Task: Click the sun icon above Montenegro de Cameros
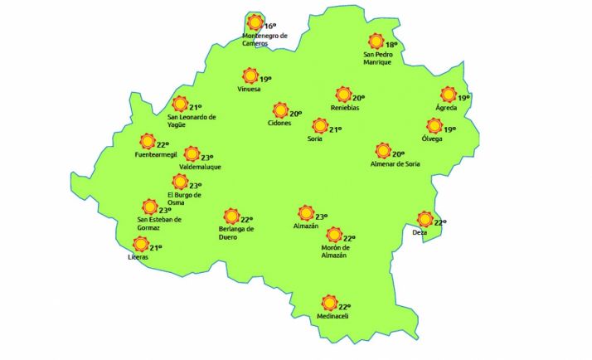point(256,22)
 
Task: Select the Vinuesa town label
point(249,89)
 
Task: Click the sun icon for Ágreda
point(449,95)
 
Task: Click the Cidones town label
point(279,124)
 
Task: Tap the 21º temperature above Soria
point(336,129)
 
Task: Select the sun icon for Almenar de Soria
point(383,151)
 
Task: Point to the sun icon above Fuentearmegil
point(148,141)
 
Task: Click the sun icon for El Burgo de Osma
point(180,182)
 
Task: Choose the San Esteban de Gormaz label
point(159,223)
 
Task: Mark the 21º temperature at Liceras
point(156,247)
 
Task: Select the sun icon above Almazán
point(306,212)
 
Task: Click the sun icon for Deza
point(425,219)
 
